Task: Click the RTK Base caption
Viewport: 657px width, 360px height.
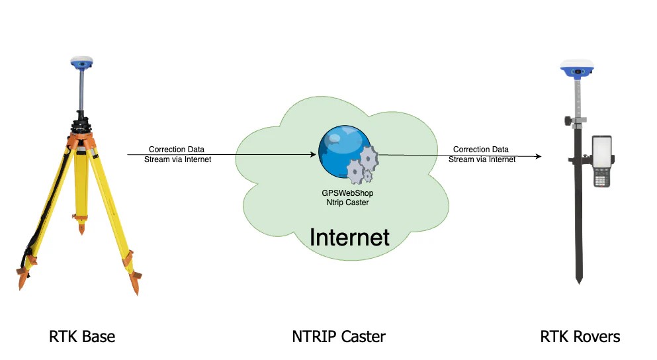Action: point(82,336)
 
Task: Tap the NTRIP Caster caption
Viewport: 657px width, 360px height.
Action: point(338,336)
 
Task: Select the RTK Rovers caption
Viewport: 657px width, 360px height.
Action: point(580,336)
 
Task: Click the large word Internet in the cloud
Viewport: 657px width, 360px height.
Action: point(349,236)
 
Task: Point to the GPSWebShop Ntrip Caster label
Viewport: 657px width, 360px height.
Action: point(348,198)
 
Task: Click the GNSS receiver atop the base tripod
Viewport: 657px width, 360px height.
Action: point(82,64)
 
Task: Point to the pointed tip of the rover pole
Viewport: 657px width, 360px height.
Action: point(579,281)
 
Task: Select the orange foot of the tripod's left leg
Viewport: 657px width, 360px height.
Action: point(22,278)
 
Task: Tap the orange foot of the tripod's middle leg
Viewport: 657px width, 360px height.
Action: point(81,228)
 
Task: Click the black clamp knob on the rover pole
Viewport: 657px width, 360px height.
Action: point(568,120)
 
